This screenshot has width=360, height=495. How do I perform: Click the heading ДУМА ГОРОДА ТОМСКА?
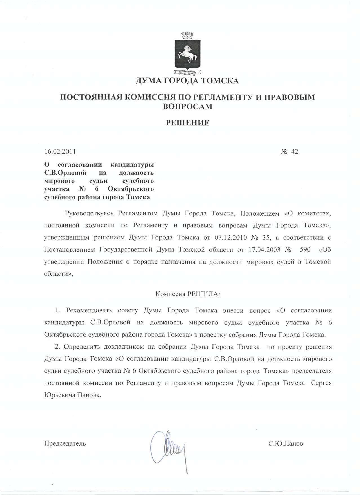(x=187, y=81)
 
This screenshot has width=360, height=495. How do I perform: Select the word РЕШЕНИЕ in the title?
(x=187, y=123)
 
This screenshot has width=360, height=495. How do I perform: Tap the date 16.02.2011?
(x=60, y=151)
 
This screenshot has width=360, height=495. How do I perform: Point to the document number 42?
(x=294, y=151)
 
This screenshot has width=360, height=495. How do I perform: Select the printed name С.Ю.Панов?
(x=286, y=443)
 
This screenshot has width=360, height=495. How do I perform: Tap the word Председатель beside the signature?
(x=65, y=443)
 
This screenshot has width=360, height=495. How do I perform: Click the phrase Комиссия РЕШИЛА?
(x=188, y=294)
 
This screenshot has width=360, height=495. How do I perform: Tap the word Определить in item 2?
(x=81, y=347)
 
